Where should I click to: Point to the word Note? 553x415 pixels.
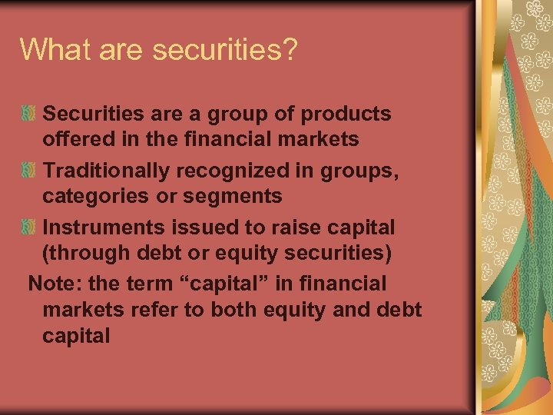point(55,284)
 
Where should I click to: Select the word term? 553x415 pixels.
point(151,284)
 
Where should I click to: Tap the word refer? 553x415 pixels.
point(143,310)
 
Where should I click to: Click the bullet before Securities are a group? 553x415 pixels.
point(28,114)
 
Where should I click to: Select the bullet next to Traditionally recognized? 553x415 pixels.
point(28,171)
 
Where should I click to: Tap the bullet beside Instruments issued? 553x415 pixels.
point(28,227)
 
